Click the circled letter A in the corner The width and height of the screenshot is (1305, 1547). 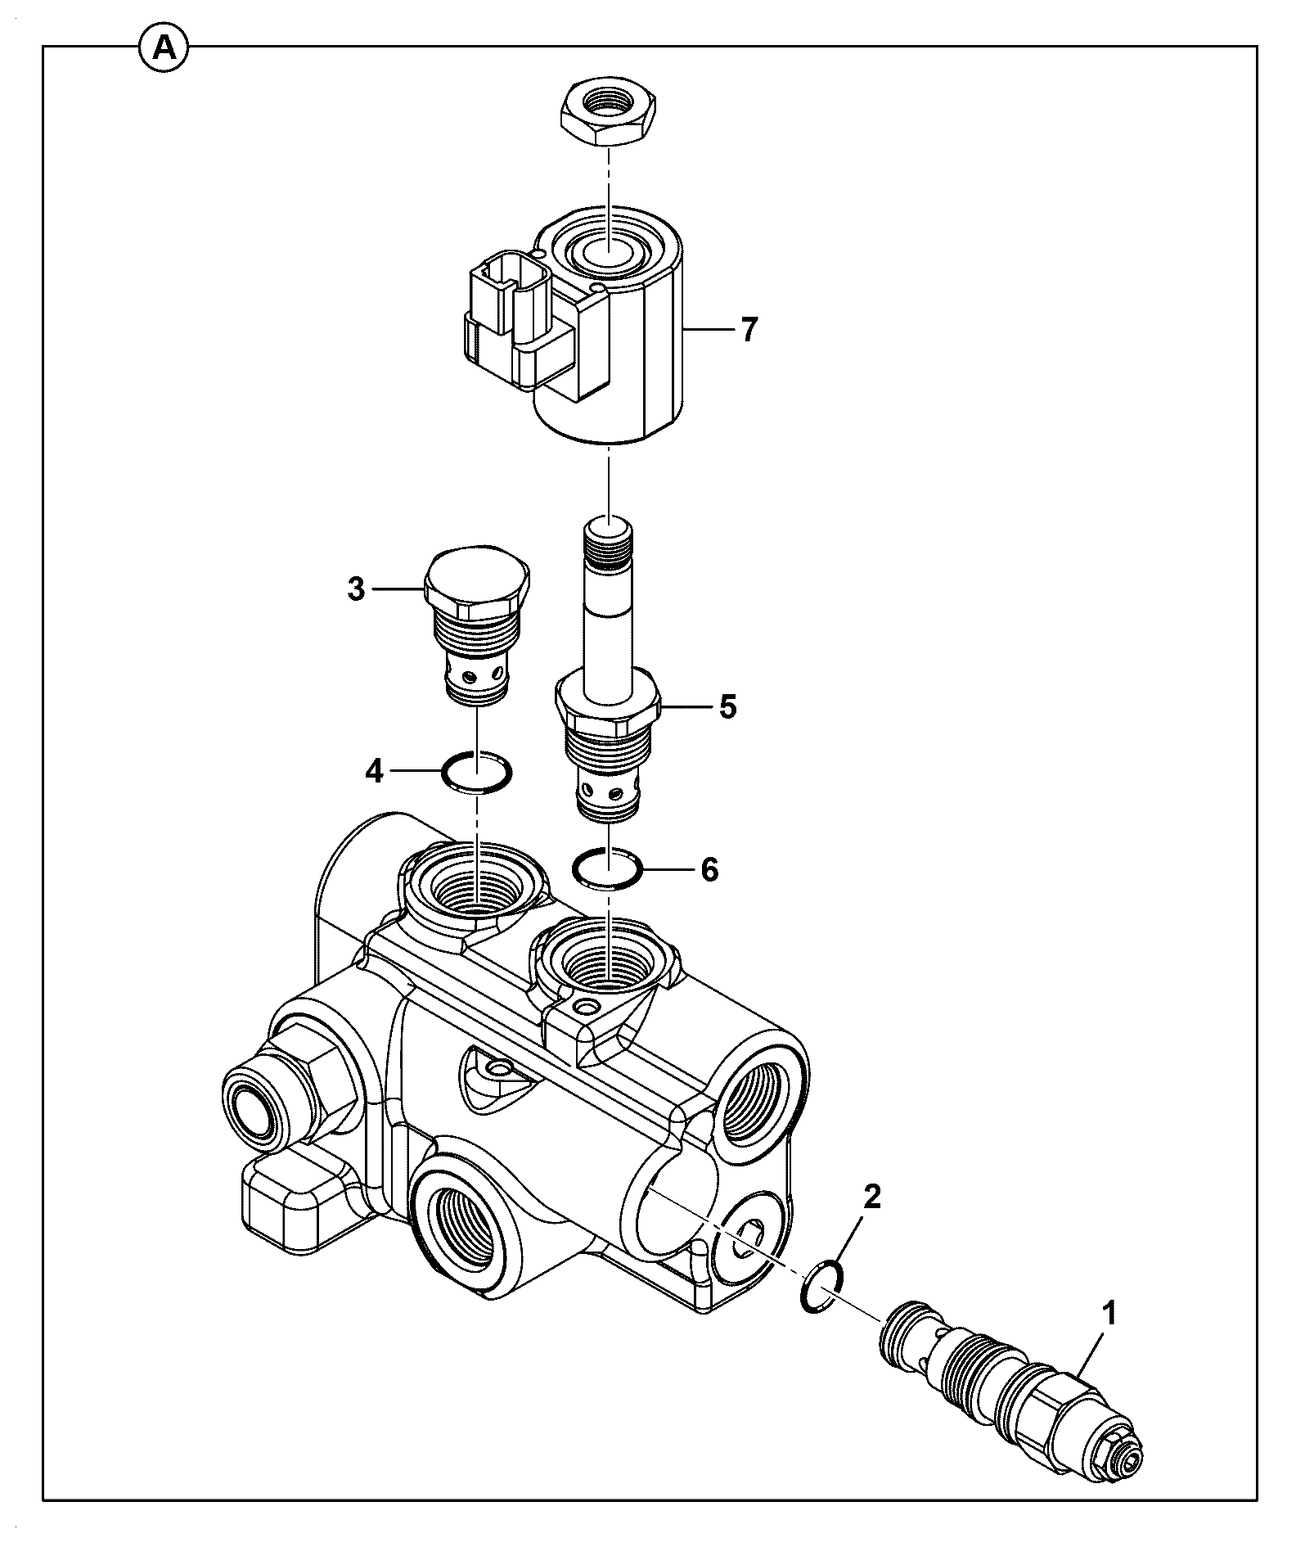pyautogui.click(x=164, y=49)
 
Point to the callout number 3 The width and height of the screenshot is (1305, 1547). pyautogui.click(x=356, y=589)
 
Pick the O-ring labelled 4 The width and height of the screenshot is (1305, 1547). pyautogui.click(x=476, y=771)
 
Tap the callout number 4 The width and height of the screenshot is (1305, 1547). pyautogui.click(x=374, y=770)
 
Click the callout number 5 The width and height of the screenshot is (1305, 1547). pyautogui.click(x=727, y=706)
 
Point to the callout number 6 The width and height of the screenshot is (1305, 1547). pyautogui.click(x=709, y=869)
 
